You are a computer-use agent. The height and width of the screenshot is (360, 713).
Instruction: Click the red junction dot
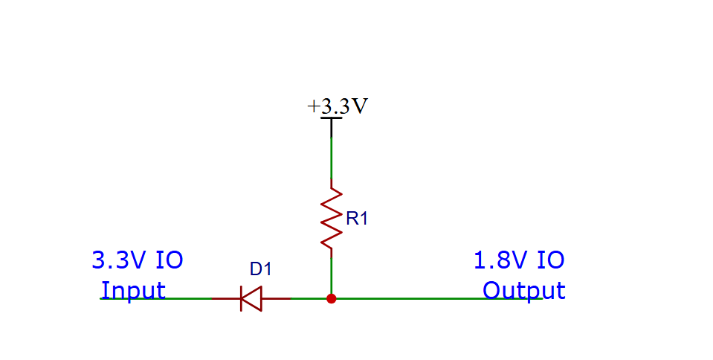coord(332,298)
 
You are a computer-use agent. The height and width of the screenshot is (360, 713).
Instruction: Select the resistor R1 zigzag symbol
coord(332,219)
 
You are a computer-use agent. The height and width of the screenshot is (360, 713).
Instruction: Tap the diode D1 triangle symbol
coord(251,298)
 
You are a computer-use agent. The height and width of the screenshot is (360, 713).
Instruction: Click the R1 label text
coord(357,219)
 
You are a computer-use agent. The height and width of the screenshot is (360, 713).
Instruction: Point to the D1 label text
coord(260,269)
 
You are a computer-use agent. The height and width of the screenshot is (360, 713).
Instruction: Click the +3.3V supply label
coord(338,106)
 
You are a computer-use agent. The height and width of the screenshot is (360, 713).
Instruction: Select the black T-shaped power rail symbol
coord(332,127)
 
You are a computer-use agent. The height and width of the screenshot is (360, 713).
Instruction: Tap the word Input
coord(133,290)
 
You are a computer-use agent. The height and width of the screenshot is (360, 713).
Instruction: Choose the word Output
coord(524,290)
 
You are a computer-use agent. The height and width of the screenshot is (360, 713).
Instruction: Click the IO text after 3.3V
coord(170,260)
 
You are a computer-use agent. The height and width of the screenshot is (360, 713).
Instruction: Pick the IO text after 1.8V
coord(551,260)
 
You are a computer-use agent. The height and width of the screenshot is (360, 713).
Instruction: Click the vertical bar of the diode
coord(241,298)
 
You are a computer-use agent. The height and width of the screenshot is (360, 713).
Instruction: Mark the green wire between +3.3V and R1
coord(332,158)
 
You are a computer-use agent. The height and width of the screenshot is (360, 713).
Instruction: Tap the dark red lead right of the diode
coord(277,298)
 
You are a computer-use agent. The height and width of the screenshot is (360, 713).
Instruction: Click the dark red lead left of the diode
coord(226,298)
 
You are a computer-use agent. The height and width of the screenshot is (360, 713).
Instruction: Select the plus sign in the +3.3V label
coord(313,107)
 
